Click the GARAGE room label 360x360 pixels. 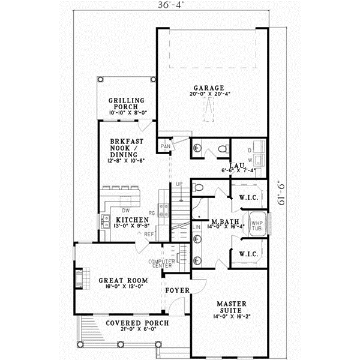209,87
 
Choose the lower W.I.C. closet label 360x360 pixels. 248,254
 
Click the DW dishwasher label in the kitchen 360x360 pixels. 126,211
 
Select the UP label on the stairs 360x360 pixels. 178,184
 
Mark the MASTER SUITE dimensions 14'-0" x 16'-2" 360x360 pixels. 231,316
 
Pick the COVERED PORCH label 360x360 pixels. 137,323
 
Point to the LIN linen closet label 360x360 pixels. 197,227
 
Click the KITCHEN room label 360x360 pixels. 132,220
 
